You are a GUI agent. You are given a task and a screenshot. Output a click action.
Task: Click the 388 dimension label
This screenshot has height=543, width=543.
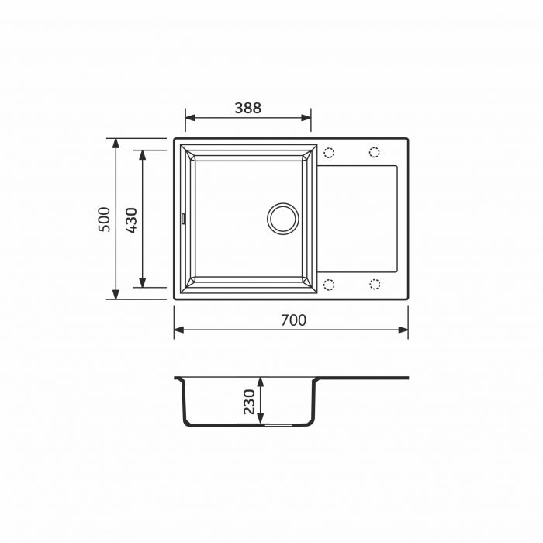248,109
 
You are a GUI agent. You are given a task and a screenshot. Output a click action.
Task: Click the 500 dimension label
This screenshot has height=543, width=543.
105,219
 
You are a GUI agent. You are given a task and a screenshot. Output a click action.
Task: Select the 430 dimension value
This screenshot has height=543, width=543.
131,220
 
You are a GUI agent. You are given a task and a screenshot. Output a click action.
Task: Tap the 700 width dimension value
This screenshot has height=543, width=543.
292,320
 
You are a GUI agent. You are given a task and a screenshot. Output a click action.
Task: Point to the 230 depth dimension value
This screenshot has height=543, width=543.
249,403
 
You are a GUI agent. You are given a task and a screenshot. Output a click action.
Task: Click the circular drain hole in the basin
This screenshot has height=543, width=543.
282,218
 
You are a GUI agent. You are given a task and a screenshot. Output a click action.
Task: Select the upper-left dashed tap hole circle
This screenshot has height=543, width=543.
328,151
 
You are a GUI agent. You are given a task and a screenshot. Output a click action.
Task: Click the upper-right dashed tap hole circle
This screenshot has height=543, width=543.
375,151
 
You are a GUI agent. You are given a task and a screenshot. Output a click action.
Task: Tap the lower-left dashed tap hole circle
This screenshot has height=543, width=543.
328,284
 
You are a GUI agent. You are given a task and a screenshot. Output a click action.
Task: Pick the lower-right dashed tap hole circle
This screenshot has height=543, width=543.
375,284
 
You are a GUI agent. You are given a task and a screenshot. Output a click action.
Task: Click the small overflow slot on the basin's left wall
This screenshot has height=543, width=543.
183,219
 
